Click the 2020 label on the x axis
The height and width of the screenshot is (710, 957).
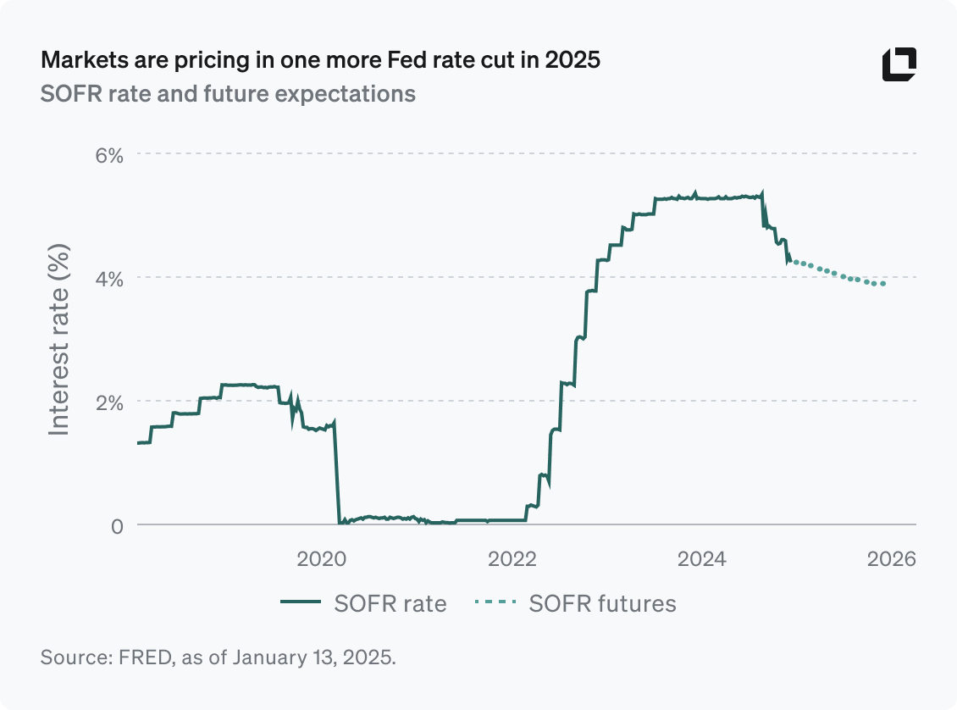pyautogui.click(x=321, y=558)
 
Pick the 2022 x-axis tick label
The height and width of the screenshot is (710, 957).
pyautogui.click(x=512, y=558)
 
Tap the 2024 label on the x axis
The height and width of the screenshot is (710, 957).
pyautogui.click(x=702, y=558)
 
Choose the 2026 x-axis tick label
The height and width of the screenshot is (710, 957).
pyautogui.click(x=893, y=558)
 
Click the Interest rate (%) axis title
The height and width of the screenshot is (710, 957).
pyautogui.click(x=58, y=340)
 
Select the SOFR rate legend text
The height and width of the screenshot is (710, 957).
pyautogui.click(x=390, y=603)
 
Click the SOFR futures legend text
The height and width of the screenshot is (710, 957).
pyautogui.click(x=602, y=603)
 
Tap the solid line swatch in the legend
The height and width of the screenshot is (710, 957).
pyautogui.click(x=301, y=603)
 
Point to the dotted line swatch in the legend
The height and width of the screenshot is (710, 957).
pyautogui.click(x=495, y=603)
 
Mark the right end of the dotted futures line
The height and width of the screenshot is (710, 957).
pyautogui.click(x=884, y=284)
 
